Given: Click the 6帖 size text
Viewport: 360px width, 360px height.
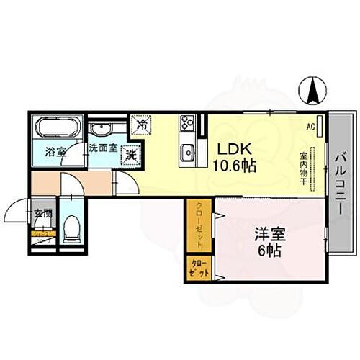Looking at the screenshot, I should point(268,251).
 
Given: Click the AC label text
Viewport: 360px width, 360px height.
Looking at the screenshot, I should point(312,126).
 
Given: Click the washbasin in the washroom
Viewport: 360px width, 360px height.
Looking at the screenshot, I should point(101,131).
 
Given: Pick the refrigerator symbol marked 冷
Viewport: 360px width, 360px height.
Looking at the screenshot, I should point(142,125).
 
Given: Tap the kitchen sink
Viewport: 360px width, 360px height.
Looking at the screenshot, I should point(188,152).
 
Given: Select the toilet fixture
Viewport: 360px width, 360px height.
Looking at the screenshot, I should point(71,230).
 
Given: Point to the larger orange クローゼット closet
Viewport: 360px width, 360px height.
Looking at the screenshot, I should point(197,224).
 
